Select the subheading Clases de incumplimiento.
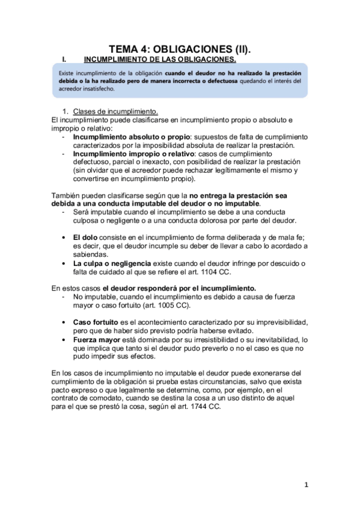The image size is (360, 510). pyautogui.click(x=115, y=111)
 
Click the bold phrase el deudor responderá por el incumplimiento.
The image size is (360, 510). pyautogui.click(x=180, y=288)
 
